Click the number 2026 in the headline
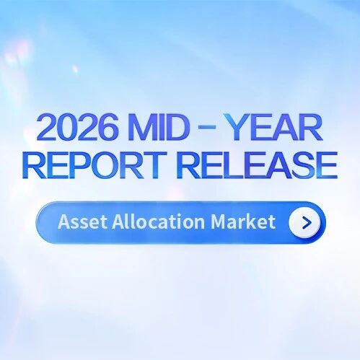tap(78, 128)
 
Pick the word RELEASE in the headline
tap(257, 165)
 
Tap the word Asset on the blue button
tap(82, 221)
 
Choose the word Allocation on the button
tap(159, 221)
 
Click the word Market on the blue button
tap(243, 221)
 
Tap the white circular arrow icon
tap(305, 222)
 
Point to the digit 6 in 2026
tap(109, 128)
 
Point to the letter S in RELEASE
tap(302, 165)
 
